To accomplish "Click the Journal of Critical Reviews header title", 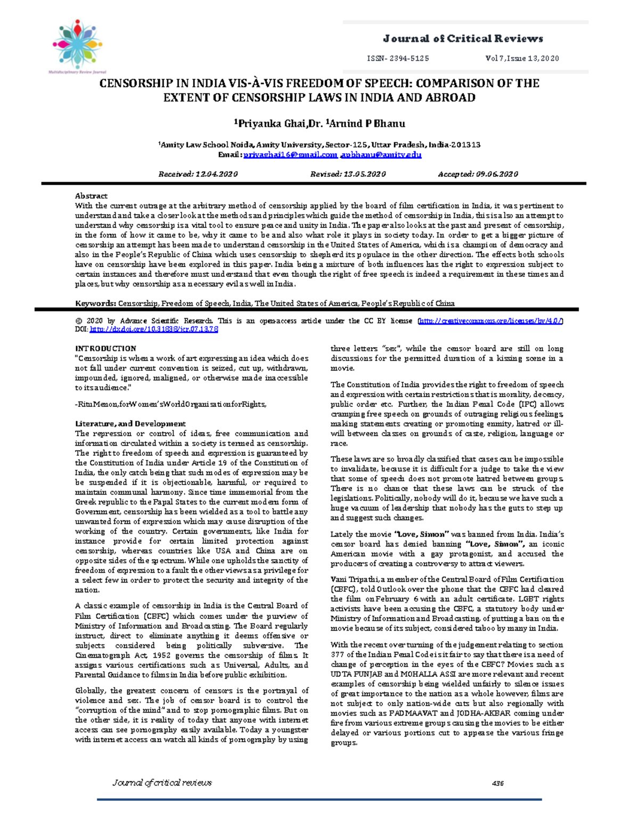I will coord(463,38).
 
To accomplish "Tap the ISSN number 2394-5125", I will coord(398,59).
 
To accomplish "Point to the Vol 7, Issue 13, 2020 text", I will coord(522,59).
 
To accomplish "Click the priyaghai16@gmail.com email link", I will coord(290,155).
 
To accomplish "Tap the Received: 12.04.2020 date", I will coord(198,174).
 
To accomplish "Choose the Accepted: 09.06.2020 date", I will coord(478,174).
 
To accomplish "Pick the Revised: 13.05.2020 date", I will coord(348,174).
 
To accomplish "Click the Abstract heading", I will coord(91,196).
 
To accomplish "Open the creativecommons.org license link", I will coord(490,321).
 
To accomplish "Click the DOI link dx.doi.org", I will coord(154,330).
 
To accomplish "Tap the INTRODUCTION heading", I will coord(105,349).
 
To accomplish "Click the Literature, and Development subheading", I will coord(130,424).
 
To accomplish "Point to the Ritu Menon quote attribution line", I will coord(170,404).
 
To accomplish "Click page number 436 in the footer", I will coord(498,783).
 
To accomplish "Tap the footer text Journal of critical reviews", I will coord(162,783).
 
